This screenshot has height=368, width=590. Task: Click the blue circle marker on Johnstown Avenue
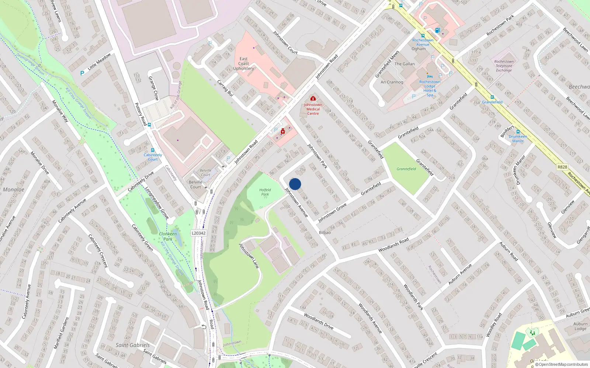295,184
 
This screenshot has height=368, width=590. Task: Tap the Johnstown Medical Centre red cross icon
313,99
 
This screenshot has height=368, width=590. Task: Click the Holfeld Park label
265,192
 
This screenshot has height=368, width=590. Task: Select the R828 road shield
562,167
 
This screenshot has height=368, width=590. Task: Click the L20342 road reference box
199,233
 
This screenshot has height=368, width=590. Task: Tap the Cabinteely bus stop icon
153,150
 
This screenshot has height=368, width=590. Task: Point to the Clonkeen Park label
168,236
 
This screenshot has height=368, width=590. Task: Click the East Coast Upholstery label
243,64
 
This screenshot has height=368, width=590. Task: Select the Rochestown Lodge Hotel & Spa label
430,88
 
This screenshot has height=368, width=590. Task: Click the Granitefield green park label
406,169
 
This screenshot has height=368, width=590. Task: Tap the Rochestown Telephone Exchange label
504,66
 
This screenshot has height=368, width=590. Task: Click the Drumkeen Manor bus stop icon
518,132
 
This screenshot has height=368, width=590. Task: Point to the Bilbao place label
325,233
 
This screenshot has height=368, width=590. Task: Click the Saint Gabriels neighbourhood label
133,345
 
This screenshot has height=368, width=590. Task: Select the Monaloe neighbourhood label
14,190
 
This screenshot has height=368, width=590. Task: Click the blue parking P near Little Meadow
82,73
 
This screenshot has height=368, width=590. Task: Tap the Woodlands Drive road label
319,321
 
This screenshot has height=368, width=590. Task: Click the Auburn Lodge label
580,326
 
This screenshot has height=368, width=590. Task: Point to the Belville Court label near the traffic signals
195,184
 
